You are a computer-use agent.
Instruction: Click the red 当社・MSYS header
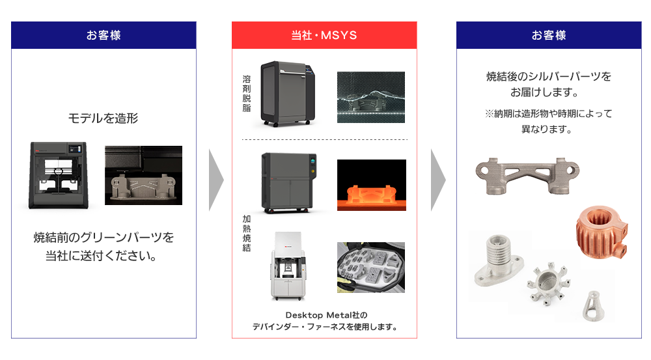pyautogui.click(x=324, y=35)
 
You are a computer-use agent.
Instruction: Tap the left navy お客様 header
pyautogui.click(x=104, y=35)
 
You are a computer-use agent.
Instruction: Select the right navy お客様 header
pyautogui.click(x=549, y=35)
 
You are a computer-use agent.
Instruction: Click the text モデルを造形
pyautogui.click(x=103, y=118)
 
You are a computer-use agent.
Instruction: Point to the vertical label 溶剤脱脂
pyautogui.click(x=247, y=94)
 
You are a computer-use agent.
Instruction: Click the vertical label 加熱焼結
pyautogui.click(x=247, y=234)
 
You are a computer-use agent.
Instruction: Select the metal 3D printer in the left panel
pyautogui.click(x=59, y=175)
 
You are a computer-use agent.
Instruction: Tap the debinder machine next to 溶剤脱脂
pyautogui.click(x=286, y=92)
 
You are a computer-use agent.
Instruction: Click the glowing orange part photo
pyautogui.click(x=371, y=185)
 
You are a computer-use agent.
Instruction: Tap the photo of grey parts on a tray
pyautogui.click(x=370, y=268)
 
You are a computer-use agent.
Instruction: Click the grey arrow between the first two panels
pyautogui.click(x=216, y=180)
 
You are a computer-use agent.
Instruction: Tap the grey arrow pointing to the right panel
pyautogui.click(x=438, y=180)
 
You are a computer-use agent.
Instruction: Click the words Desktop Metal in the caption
pyautogui.click(x=312, y=315)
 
